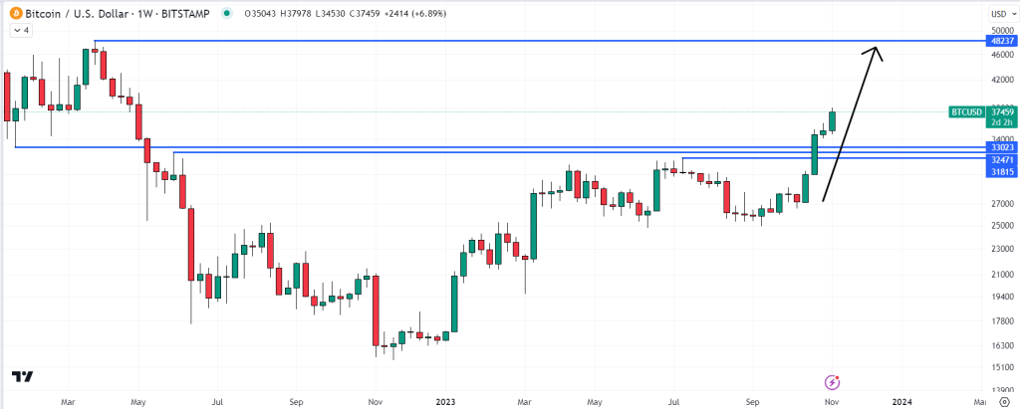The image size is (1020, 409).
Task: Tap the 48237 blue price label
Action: (x=1001, y=41)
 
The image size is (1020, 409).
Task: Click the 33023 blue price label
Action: (x=1001, y=147)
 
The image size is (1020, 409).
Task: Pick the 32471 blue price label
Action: (x=1001, y=159)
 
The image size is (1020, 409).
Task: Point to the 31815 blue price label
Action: (x=1001, y=171)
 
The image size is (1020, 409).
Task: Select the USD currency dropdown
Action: (x=1000, y=13)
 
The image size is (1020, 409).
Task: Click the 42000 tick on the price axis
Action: (x=999, y=79)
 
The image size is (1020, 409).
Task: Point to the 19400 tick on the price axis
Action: (x=999, y=297)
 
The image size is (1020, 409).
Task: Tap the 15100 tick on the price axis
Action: (x=999, y=366)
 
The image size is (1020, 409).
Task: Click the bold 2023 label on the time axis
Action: (x=445, y=401)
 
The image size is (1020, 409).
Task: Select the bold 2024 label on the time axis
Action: (x=901, y=401)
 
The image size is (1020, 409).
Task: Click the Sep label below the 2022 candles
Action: (x=296, y=401)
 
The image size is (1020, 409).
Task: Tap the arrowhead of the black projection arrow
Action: (x=875, y=50)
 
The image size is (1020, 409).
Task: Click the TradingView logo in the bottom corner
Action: (x=22, y=377)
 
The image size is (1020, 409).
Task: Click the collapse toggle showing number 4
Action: (x=20, y=30)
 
